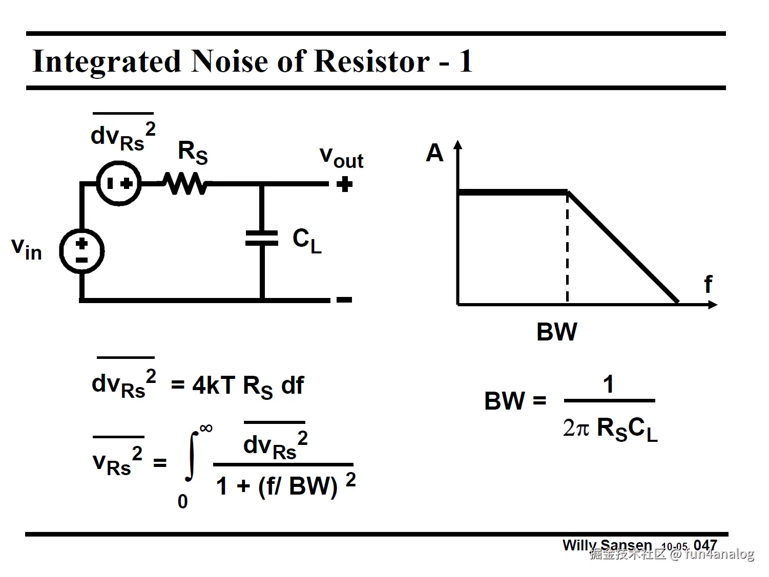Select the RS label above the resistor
click(193, 152)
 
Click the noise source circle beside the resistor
click(119, 183)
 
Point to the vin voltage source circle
click(82, 251)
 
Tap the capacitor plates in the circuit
click(262, 238)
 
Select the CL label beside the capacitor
click(307, 240)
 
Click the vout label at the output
click(341, 157)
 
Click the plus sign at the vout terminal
click(345, 184)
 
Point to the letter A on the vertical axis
click(434, 153)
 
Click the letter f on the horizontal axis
click(708, 285)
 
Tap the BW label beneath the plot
click(556, 332)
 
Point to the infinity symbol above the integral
click(205, 428)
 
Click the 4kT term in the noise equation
click(214, 386)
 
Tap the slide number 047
click(705, 545)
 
